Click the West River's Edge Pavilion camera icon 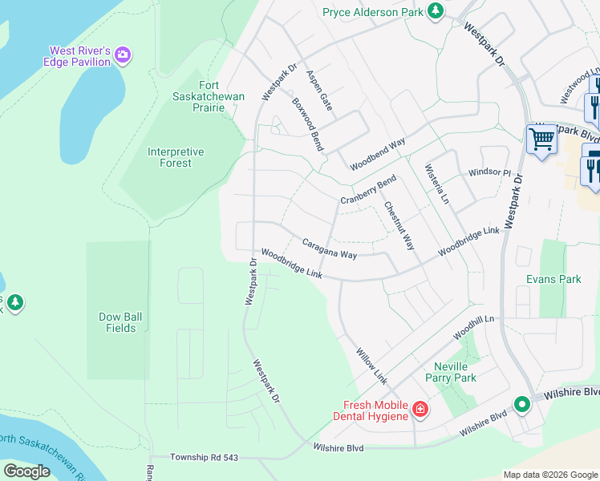123,55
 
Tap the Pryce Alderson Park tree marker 435,11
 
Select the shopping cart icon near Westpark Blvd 541,140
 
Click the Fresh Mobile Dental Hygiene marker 420,410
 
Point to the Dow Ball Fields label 121,322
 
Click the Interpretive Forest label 176,157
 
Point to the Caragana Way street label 329,249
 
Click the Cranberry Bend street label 368,190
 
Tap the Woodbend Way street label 377,154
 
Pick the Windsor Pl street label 489,172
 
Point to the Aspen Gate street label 318,89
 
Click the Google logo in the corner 26,471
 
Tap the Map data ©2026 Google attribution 550,475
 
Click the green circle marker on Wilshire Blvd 522,404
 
